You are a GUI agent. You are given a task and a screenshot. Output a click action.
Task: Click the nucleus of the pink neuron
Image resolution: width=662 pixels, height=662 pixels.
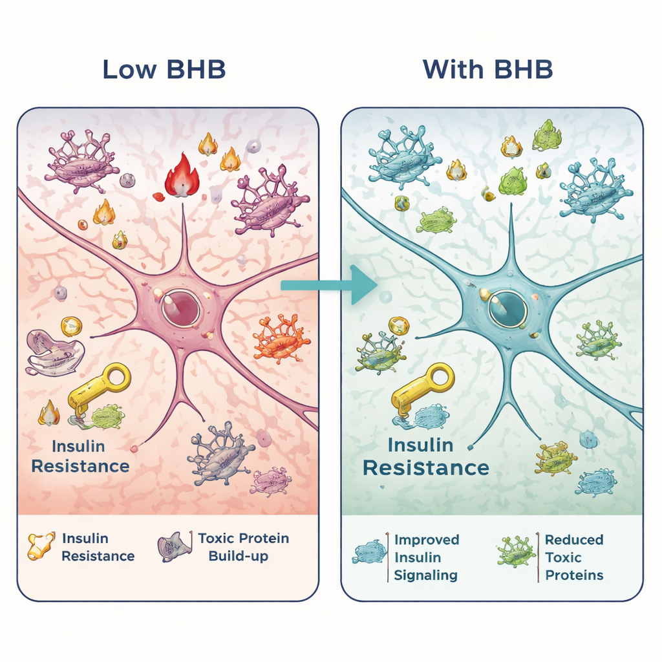pyautogui.click(x=179, y=307)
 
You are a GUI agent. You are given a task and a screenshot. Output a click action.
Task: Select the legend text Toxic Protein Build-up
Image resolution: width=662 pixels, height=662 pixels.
pyautogui.click(x=243, y=547)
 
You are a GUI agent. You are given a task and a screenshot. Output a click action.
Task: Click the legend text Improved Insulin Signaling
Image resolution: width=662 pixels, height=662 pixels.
pyautogui.click(x=427, y=557)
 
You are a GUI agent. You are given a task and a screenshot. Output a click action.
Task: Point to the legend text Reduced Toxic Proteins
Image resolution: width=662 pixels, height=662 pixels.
pyautogui.click(x=574, y=557)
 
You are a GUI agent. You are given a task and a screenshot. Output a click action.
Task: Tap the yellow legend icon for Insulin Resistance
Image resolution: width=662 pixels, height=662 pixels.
pyautogui.click(x=41, y=546)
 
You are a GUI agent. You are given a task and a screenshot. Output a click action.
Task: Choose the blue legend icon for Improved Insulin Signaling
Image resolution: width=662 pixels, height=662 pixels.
pyautogui.click(x=368, y=553)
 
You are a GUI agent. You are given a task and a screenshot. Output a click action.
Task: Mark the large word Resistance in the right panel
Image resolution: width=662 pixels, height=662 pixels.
pyautogui.click(x=425, y=468)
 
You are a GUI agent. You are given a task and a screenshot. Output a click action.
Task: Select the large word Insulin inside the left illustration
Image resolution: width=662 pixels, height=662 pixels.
pyautogui.click(x=78, y=446)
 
